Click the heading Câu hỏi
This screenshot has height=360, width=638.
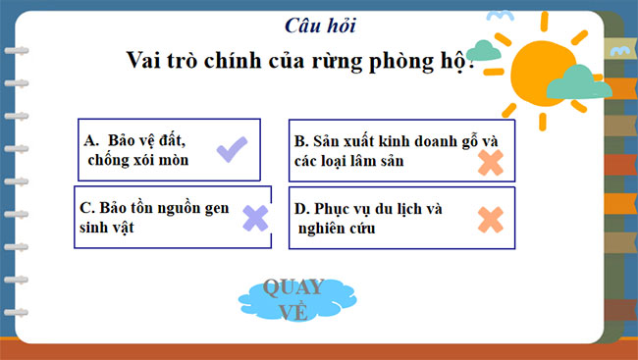tap(319, 25)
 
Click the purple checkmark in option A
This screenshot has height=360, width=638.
tap(232, 150)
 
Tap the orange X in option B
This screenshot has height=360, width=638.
tap(490, 161)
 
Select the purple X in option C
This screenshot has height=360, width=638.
tap(255, 218)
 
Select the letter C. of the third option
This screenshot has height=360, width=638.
tap(86, 208)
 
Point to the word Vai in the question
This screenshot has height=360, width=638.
tap(147, 59)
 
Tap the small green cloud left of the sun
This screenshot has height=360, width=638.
tap(483, 50)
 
